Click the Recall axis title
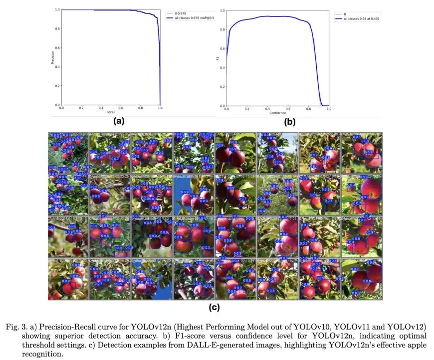tap(110, 112)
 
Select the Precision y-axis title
tap(52, 57)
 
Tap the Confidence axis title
tap(277, 112)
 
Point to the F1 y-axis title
tap(217, 57)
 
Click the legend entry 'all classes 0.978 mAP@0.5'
tap(193, 17)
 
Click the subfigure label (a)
tap(119, 121)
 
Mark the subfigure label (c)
tap(215, 308)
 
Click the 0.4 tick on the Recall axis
tap(100, 108)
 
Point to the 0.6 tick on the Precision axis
tap(57, 48)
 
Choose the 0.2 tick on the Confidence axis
tap(247, 108)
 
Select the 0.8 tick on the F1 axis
tap(222, 29)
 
